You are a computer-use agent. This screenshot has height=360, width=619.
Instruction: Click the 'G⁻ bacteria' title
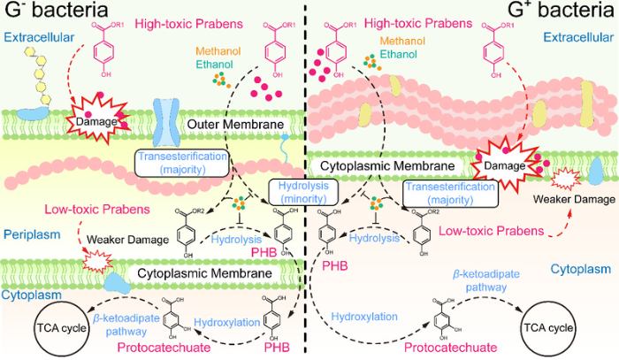tap(58, 12)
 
